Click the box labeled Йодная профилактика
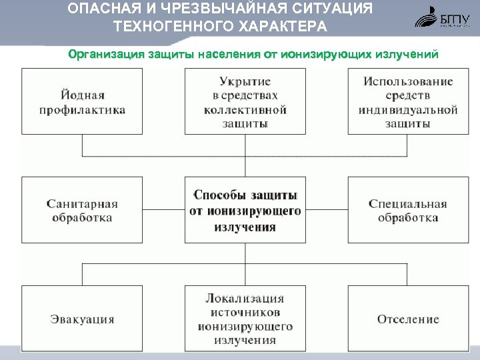[x=82, y=101]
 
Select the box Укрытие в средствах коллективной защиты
[x=245, y=101]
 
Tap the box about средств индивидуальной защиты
[x=407, y=101]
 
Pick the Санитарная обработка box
[x=82, y=209]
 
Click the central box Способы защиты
[x=245, y=209]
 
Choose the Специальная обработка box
[x=407, y=209]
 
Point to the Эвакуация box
[x=82, y=319]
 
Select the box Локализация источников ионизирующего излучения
[x=245, y=319]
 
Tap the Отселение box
[x=407, y=319]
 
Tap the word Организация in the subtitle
[x=106, y=54]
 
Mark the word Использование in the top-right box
[x=407, y=81]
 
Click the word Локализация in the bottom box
[x=245, y=299]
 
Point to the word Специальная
[x=407, y=203]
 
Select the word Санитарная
[x=82, y=203]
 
